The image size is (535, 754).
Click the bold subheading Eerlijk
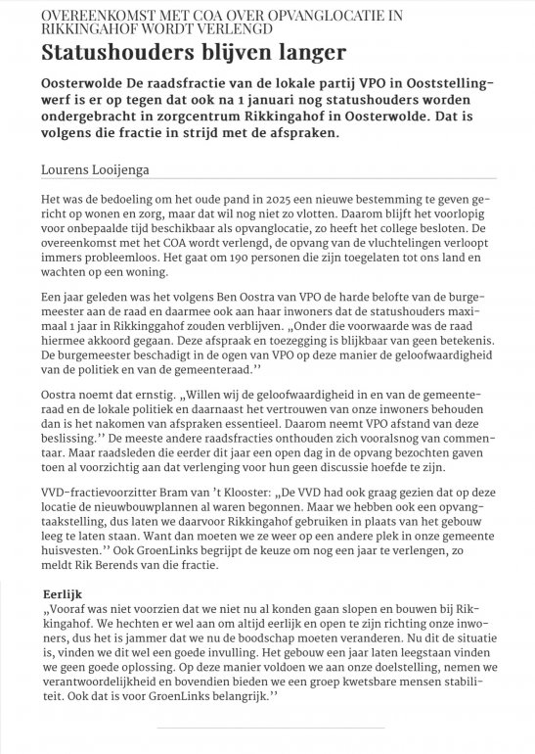click(x=66, y=594)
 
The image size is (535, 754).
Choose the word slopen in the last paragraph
click(x=345, y=610)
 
